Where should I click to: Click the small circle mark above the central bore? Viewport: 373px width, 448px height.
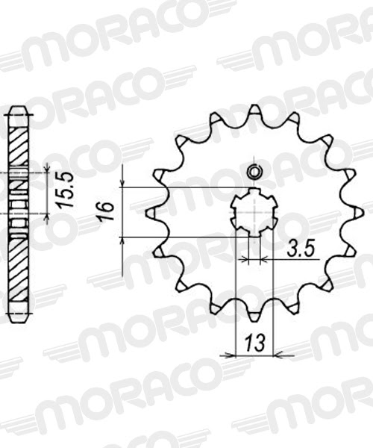pos(254,170)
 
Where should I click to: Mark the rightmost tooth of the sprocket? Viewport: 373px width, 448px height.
pos(355,212)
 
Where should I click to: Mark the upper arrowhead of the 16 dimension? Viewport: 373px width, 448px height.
pos(121,182)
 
